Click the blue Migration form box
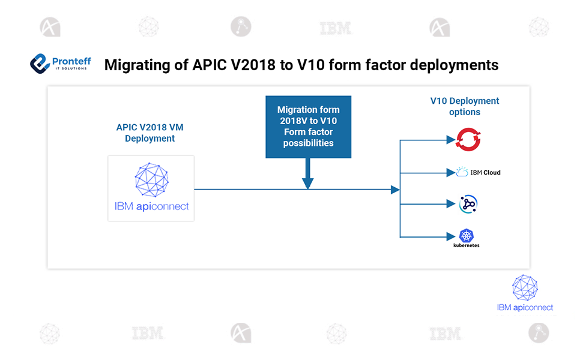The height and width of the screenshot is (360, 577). click(x=308, y=127)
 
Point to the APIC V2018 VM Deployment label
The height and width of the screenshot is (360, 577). click(x=150, y=133)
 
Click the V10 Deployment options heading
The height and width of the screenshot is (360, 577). click(x=464, y=106)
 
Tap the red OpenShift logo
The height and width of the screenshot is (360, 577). click(x=468, y=139)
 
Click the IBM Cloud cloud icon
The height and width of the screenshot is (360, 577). click(x=462, y=173)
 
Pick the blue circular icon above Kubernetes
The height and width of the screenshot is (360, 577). click(x=468, y=204)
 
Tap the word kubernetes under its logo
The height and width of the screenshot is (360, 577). click(x=467, y=245)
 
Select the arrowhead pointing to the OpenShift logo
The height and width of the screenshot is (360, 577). click(x=451, y=140)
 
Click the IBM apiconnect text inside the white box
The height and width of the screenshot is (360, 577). click(x=151, y=206)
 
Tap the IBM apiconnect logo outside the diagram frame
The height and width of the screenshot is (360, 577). click(x=525, y=295)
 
